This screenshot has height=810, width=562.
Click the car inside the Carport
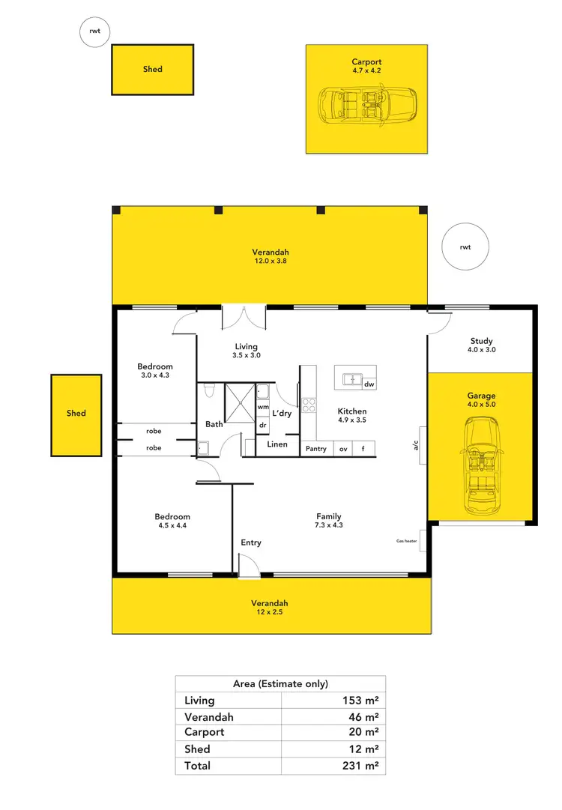click(x=367, y=106)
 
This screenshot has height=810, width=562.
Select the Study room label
click(x=481, y=342)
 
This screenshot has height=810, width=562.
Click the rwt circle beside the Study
click(x=465, y=247)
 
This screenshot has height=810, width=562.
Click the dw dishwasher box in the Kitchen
click(x=369, y=384)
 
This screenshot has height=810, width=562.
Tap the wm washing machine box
click(x=263, y=407)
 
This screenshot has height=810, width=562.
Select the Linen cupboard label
click(x=277, y=444)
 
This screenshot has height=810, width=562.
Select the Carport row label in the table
click(x=205, y=732)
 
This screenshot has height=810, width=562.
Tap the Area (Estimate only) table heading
click(x=280, y=683)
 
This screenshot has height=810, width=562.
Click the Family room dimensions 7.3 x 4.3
click(x=329, y=525)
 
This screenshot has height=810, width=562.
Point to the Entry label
click(x=251, y=542)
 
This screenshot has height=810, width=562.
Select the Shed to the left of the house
click(x=76, y=416)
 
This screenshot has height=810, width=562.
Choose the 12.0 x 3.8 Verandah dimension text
click(x=270, y=262)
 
